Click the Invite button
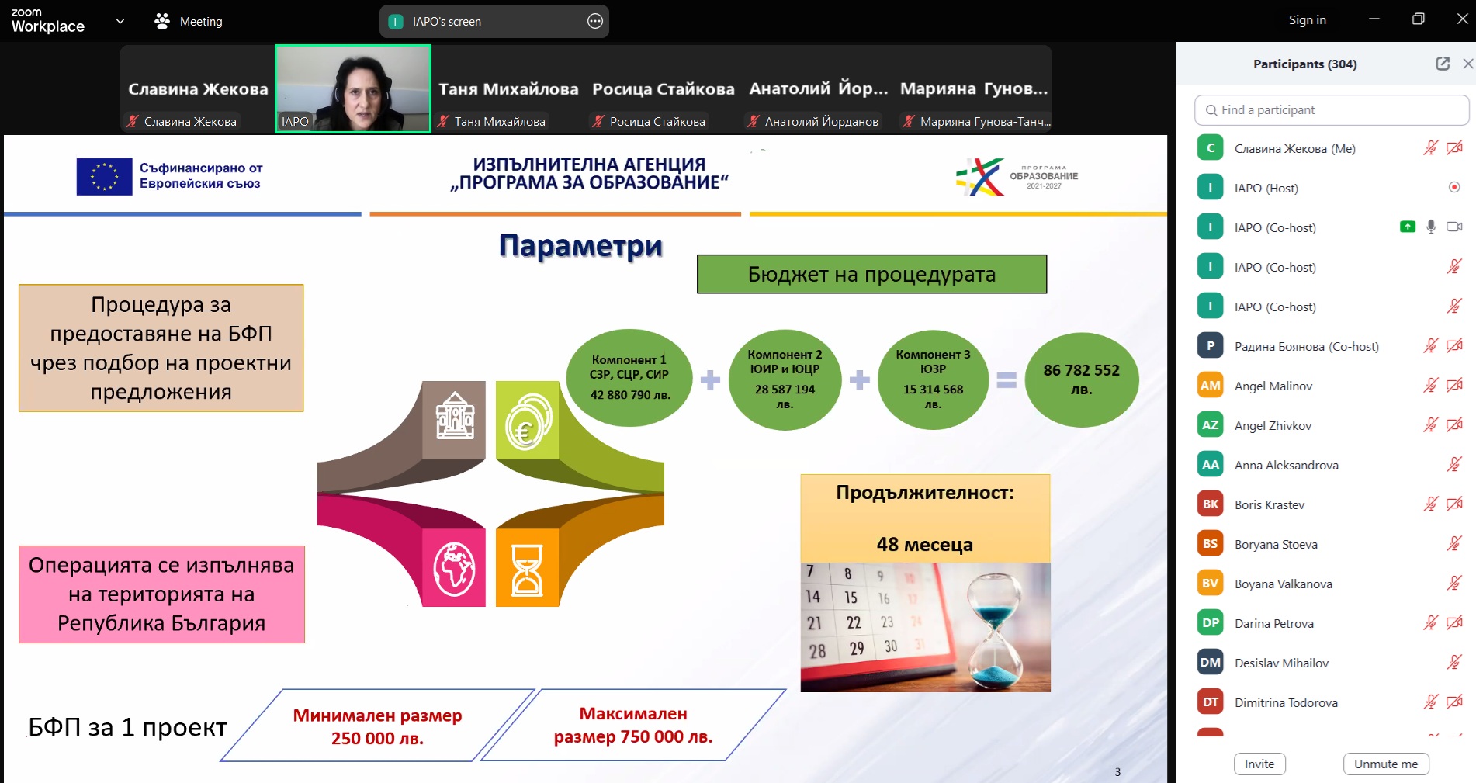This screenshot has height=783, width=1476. (x=1259, y=764)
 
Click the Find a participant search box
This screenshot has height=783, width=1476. (x=1332, y=110)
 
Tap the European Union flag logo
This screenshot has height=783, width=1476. (x=104, y=176)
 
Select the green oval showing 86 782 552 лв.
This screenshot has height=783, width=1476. (x=1082, y=379)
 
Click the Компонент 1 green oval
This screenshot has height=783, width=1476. (x=629, y=378)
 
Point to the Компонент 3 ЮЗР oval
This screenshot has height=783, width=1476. (x=933, y=379)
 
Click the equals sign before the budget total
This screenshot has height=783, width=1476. (x=1007, y=379)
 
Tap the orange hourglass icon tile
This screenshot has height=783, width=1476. (x=527, y=568)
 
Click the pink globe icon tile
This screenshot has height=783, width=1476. (x=454, y=568)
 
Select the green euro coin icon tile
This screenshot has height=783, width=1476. (x=527, y=420)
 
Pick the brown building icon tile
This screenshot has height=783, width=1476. (x=454, y=420)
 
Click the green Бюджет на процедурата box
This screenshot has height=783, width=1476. (x=871, y=274)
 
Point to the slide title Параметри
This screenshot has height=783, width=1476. (x=580, y=246)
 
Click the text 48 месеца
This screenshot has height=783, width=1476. (x=924, y=544)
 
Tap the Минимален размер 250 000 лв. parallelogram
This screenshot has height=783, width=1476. (x=378, y=726)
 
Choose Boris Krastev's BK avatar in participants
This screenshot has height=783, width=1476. (x=1210, y=504)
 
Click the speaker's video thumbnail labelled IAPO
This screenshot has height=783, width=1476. (x=353, y=88)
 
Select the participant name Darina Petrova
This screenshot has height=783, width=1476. (x=1273, y=623)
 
